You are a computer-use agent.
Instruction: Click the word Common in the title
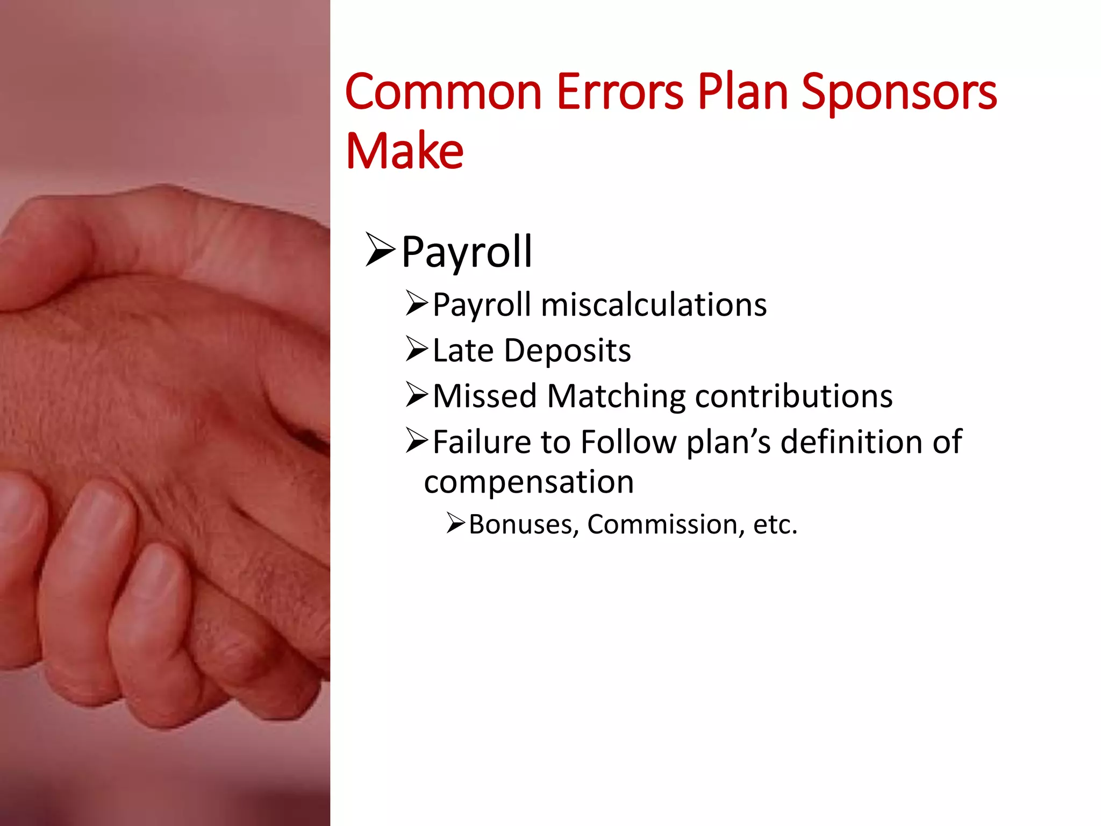coord(444,92)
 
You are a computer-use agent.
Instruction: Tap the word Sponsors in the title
coord(899,92)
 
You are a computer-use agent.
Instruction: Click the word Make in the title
coord(404,151)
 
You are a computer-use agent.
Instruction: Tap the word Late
coord(463,351)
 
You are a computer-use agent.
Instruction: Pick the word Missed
coord(485,396)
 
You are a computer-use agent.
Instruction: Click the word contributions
coord(793,396)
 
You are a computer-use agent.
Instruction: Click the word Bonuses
coord(524,524)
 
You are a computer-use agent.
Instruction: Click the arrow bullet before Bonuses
coord(455,523)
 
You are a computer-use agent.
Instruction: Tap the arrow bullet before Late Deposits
coord(417,349)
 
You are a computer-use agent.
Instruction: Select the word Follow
coord(628,442)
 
